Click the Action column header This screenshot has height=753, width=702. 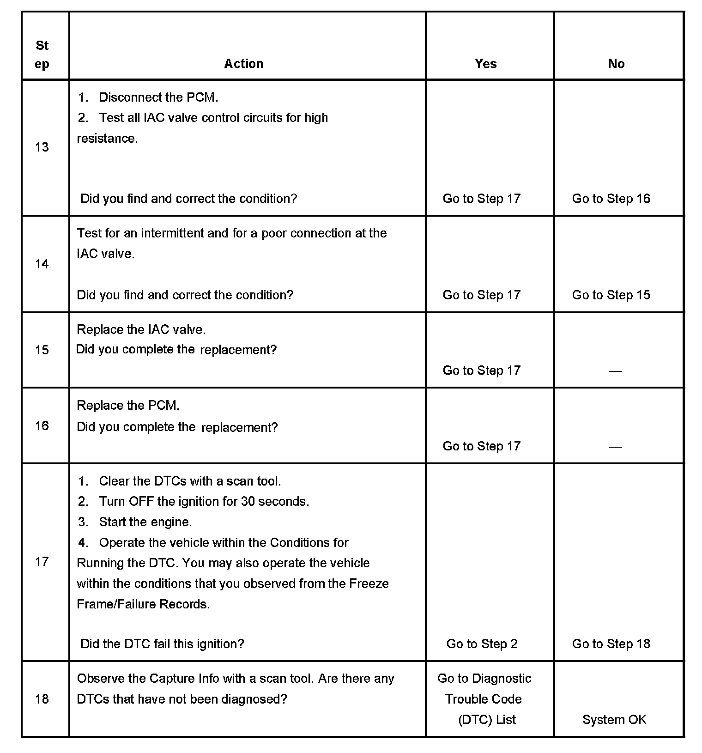click(243, 63)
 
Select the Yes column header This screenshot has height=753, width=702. click(485, 63)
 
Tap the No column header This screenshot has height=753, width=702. click(616, 63)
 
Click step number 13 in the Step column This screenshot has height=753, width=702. click(42, 147)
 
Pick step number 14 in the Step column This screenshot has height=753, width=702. click(42, 264)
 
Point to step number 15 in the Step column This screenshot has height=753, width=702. click(42, 350)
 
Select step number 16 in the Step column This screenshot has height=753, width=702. click(42, 425)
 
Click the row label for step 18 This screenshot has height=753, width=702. click(42, 698)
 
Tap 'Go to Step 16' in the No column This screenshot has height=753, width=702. click(611, 199)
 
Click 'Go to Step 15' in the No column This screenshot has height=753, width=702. click(611, 295)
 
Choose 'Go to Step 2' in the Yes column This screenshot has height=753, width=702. click(482, 644)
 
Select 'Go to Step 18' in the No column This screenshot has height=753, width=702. click(611, 644)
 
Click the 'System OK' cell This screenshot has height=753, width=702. click(614, 719)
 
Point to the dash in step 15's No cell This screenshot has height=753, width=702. click(615, 371)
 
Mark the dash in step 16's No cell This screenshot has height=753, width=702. click(615, 447)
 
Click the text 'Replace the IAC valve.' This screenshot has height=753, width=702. click(141, 329)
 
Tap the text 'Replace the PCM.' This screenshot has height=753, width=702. click(128, 405)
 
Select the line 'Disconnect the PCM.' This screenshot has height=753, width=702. click(158, 97)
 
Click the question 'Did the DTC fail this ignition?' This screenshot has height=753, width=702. click(162, 644)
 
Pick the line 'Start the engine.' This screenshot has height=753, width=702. click(145, 522)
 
